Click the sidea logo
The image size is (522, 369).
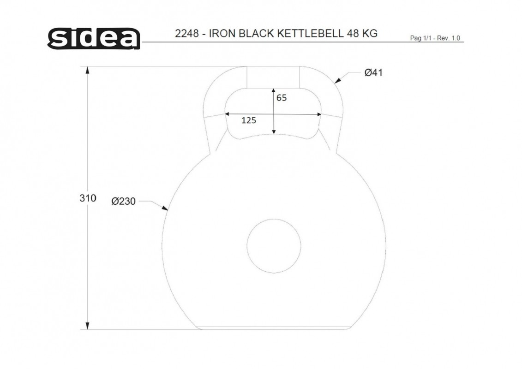(94, 39)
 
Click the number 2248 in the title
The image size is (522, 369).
(187, 34)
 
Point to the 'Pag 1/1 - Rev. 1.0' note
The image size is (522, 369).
(435, 38)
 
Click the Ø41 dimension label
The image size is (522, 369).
(373, 72)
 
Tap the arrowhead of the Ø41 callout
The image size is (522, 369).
(337, 81)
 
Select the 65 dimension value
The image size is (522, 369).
(281, 98)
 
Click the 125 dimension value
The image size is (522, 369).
(249, 120)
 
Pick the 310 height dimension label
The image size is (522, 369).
(88, 198)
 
